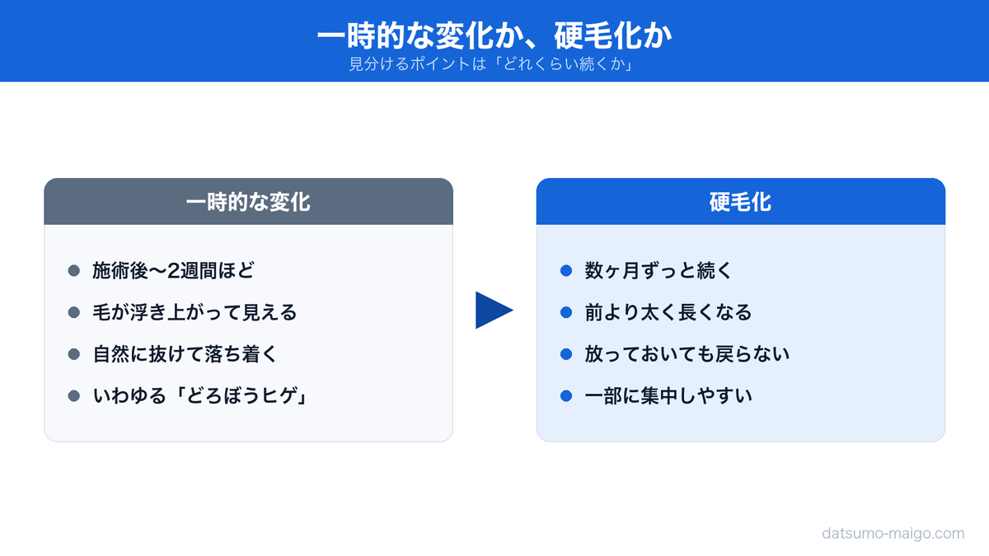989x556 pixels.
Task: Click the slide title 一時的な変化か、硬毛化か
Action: [494, 35]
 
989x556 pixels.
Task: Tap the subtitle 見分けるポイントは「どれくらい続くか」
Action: [492, 64]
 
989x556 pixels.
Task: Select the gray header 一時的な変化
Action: [248, 202]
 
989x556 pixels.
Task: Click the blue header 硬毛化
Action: [740, 202]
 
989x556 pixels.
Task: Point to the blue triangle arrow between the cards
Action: [492, 310]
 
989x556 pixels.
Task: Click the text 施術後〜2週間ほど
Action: [174, 270]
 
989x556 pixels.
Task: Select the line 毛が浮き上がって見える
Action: [195, 312]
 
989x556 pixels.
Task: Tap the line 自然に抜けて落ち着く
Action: [185, 354]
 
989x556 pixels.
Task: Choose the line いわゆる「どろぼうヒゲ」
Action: [199, 396]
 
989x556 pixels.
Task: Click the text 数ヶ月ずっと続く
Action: [659, 270]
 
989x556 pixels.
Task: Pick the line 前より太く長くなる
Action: [668, 312]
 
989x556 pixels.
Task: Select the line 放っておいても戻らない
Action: [687, 354]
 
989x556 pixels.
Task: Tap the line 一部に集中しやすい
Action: [668, 396]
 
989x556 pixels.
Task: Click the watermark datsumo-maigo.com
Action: [893, 533]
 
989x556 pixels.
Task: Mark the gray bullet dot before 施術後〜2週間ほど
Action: [73, 270]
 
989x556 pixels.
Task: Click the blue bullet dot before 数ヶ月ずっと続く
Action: [566, 270]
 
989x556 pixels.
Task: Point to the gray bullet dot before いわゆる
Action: [73, 396]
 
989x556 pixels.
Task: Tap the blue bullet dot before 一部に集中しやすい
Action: [566, 396]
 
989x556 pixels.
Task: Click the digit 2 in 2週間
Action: [173, 271]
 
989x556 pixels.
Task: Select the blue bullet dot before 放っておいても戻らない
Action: [566, 354]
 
